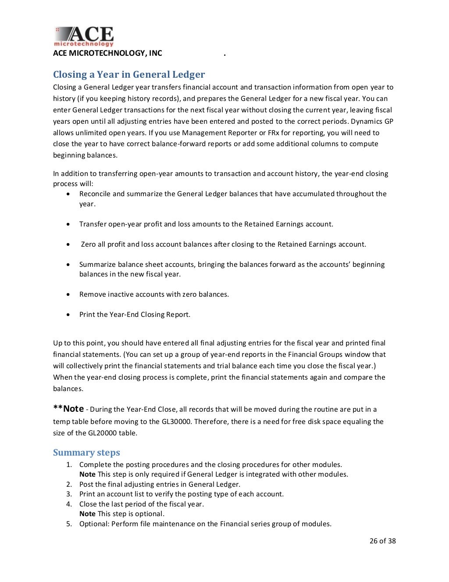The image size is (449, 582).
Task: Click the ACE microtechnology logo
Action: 84,36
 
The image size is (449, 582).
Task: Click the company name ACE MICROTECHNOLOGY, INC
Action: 107,53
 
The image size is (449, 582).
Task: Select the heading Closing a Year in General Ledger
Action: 129,74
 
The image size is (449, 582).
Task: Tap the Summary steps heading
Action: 86,453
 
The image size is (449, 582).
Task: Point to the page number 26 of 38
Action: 382,541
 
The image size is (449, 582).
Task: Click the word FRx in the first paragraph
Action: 273,133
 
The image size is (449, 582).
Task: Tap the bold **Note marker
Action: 68,409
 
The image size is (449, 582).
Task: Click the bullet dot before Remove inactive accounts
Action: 68,295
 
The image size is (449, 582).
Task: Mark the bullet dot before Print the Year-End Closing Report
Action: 68,315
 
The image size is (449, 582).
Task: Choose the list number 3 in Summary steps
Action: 69,494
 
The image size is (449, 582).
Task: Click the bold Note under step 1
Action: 87,474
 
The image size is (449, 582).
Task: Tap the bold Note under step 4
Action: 87,514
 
